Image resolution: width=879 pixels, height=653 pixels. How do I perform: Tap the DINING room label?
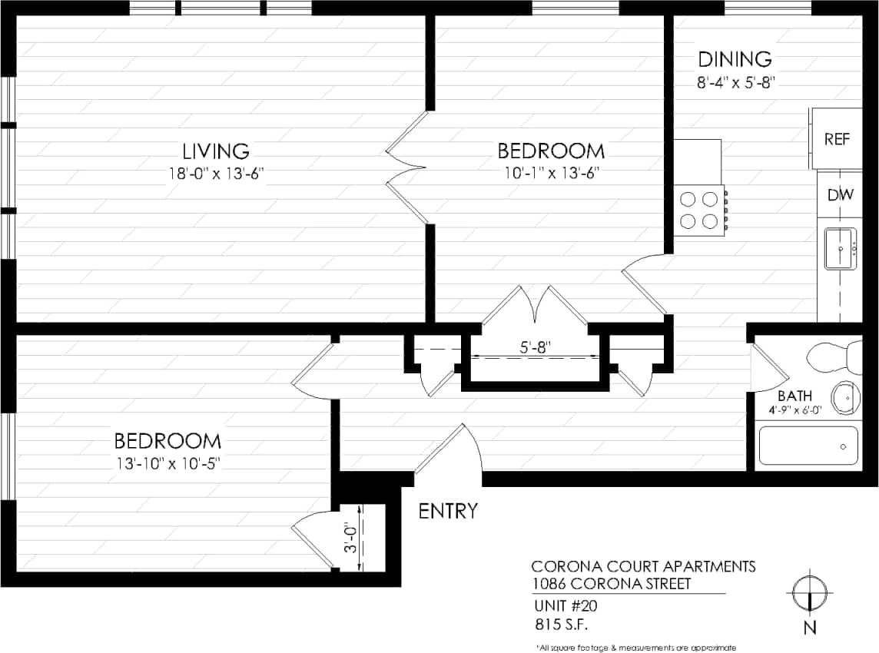point(734,59)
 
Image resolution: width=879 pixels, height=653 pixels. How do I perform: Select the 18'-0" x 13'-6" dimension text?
point(217,174)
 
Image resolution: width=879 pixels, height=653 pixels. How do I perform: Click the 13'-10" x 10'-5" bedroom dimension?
point(168,463)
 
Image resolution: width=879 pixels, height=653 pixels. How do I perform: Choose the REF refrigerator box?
point(836,139)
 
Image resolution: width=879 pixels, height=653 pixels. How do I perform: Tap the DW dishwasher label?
point(840,195)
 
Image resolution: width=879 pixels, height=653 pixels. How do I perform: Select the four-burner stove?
point(699,210)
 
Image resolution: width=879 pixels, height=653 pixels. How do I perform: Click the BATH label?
point(794,396)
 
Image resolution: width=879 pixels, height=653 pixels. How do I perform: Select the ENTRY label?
point(448,511)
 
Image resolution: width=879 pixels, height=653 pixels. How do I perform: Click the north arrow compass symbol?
point(809,593)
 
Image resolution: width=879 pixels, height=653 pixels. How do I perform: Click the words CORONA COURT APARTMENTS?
point(643,566)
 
